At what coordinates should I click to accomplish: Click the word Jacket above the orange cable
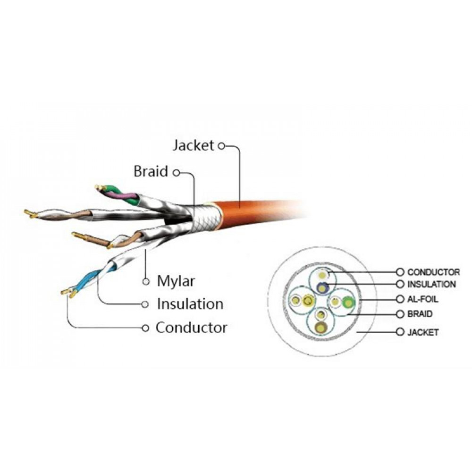tap(193, 145)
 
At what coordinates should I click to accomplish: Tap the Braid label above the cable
tap(151, 171)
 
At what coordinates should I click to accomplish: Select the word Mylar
tap(176, 282)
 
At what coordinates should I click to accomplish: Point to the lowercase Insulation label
tap(190, 303)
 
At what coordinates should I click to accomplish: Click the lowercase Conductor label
tap(191, 327)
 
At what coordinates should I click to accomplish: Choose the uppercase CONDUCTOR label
tap(433, 272)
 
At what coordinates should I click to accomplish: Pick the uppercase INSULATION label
tap(431, 284)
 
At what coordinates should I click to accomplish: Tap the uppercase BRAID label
tap(420, 314)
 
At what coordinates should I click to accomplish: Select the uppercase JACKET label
tap(423, 332)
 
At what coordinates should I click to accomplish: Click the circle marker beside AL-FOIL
tap(400, 299)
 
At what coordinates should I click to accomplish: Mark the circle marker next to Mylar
tap(146, 282)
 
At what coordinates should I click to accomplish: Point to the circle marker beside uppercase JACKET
tap(400, 332)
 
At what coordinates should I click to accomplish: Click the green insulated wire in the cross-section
tap(349, 301)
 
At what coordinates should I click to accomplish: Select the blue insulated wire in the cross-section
tap(322, 286)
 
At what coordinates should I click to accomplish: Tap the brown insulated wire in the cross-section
tap(322, 327)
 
